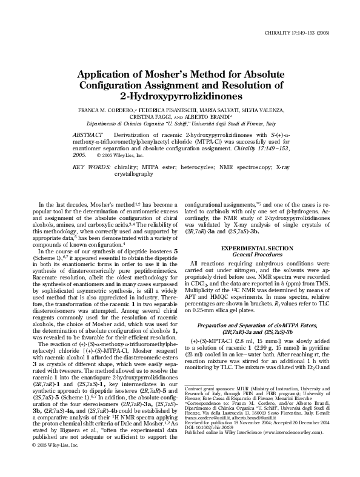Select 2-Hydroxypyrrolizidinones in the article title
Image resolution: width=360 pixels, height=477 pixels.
tap(181, 96)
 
